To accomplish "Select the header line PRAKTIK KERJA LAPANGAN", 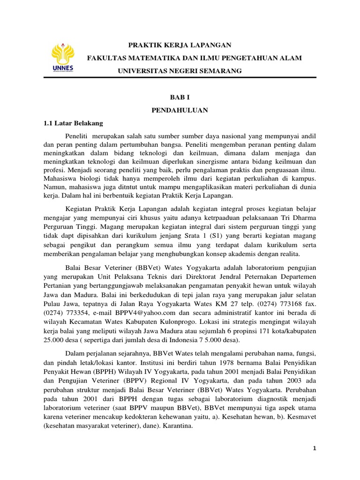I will [180, 45].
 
